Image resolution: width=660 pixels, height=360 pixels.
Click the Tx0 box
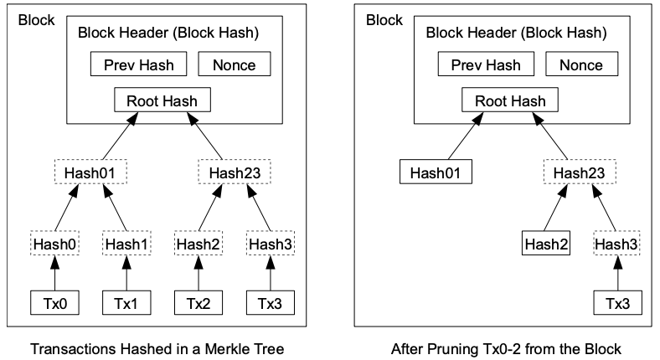coord(54,303)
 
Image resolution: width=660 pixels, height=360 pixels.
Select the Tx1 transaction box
coord(126,303)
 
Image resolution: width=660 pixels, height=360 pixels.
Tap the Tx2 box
coord(199,303)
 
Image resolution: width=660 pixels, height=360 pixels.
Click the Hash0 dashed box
coord(54,244)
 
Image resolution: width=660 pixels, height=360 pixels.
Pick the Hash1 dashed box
coord(126,244)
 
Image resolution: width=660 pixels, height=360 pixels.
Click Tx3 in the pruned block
coord(618,303)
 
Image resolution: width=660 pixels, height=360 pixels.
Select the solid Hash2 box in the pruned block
coord(546,244)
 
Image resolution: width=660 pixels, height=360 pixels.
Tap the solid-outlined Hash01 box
coord(436,172)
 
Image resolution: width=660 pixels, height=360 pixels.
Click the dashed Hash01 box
coord(90,172)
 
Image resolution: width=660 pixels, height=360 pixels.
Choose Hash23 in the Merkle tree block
coord(235,172)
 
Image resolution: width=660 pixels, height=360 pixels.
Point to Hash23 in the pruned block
coord(580,172)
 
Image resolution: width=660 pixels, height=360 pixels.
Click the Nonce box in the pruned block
coord(582,64)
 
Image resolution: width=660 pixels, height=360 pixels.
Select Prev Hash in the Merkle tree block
coord(138,64)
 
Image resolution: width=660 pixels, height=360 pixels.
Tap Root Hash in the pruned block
coord(510,100)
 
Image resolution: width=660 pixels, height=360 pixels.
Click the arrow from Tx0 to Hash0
coord(54,273)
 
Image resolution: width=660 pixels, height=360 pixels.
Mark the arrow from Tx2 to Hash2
coord(199,273)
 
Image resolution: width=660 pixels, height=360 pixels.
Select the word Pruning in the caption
coord(452,349)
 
